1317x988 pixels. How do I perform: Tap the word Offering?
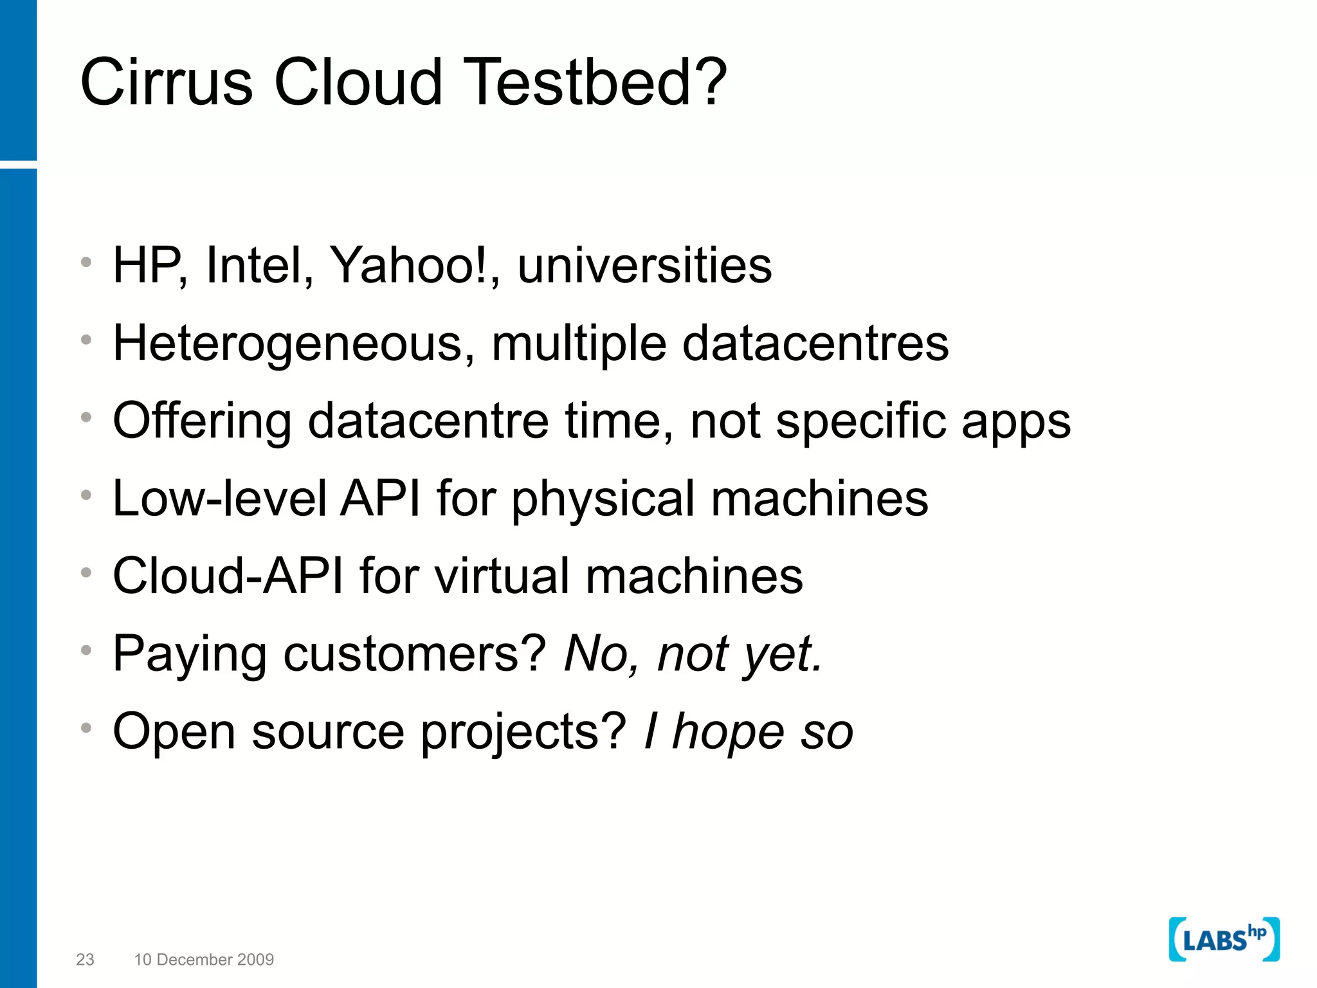point(202,421)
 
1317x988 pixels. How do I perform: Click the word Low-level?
point(219,499)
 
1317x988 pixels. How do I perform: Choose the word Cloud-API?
point(228,576)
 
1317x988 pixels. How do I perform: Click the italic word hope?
point(728,732)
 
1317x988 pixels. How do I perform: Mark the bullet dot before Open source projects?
point(86,728)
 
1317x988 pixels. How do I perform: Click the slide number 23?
point(85,959)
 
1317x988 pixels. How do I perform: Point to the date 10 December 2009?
point(204,959)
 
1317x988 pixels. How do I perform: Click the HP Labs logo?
point(1224,939)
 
